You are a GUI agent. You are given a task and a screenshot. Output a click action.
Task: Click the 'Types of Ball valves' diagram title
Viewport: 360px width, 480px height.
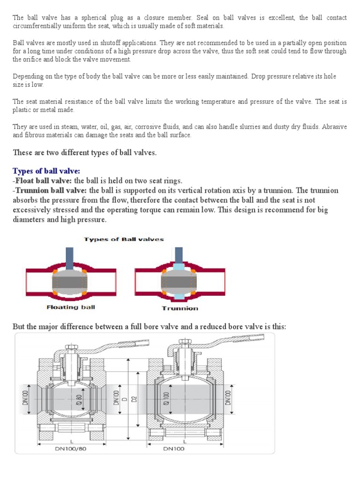tap(124, 239)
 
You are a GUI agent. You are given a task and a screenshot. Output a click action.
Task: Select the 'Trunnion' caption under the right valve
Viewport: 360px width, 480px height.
tap(180, 308)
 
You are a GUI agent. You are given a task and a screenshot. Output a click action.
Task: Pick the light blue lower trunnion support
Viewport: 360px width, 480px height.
tap(180, 297)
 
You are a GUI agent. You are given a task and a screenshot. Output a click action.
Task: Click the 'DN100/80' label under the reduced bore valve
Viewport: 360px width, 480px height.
tap(68, 449)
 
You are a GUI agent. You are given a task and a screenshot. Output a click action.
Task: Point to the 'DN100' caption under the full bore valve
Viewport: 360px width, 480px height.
tap(174, 449)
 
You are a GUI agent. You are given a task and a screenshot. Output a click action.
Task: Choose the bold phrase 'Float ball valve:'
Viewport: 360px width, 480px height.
tap(44, 180)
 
